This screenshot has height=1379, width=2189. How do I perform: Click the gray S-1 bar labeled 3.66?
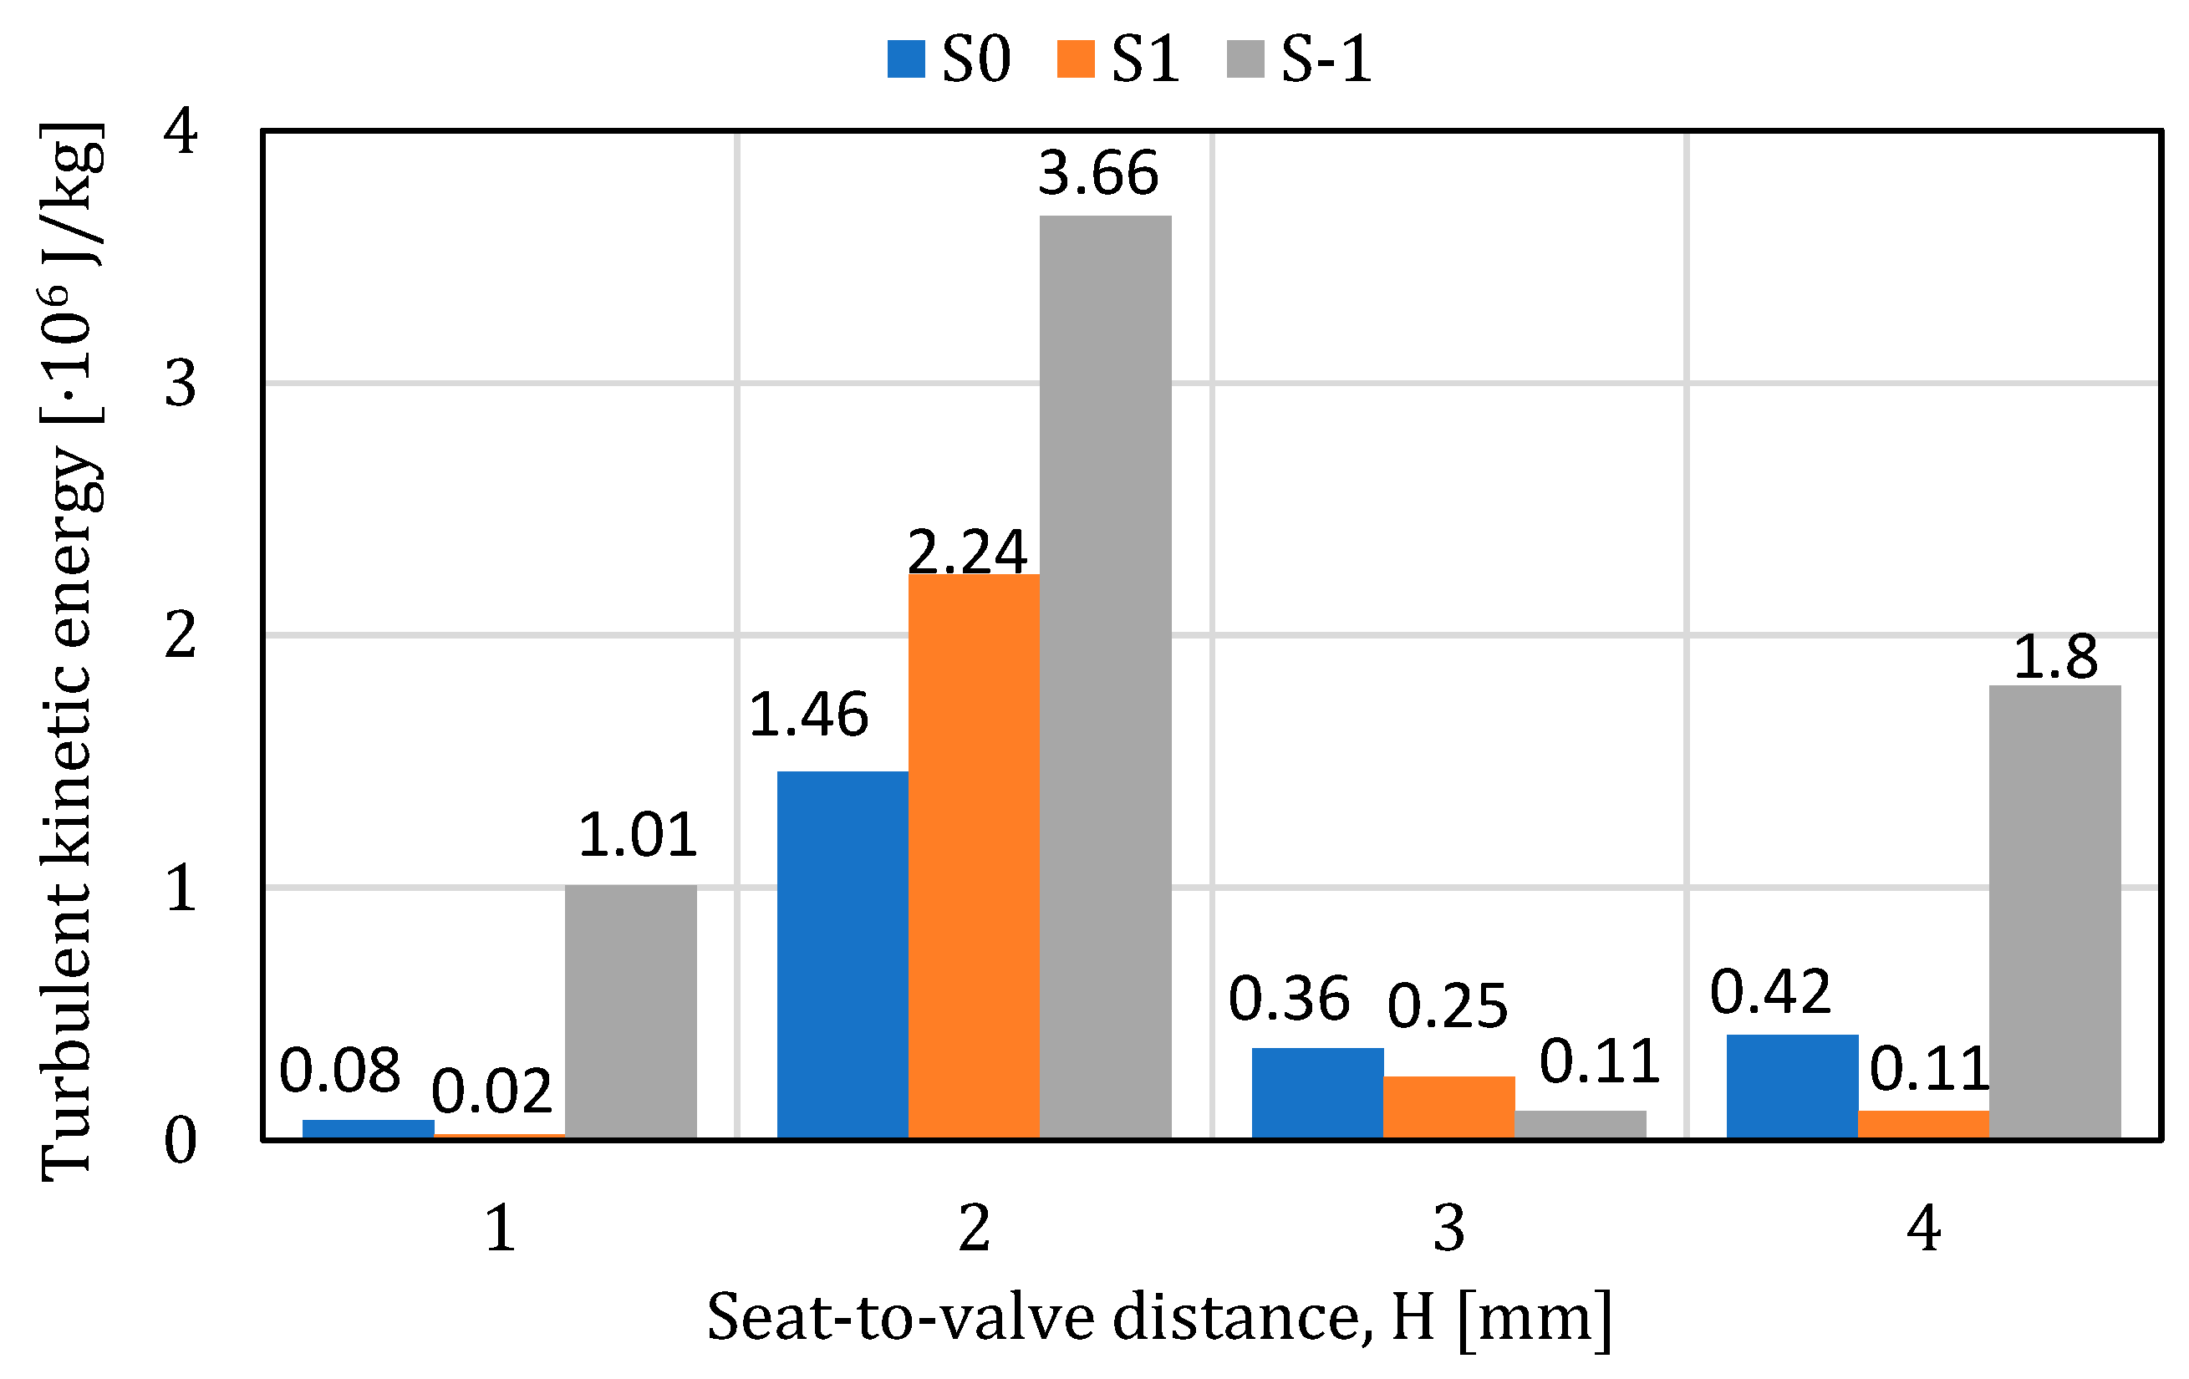click(1106, 676)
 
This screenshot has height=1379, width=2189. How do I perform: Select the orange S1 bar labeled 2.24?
click(974, 856)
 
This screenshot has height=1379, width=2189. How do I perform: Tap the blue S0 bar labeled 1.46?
click(843, 954)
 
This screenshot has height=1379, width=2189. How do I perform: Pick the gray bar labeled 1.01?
click(631, 1010)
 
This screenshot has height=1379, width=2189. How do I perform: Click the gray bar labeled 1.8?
click(2054, 911)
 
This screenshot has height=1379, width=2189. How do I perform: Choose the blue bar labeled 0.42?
click(1793, 1086)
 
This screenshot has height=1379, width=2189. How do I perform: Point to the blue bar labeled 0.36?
click(1317, 1092)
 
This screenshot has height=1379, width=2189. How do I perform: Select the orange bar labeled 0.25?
click(1449, 1107)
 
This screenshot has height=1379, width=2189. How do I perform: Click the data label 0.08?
click(340, 1071)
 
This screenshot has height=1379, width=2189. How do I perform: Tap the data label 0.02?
click(491, 1091)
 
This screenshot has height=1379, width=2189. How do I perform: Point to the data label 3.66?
click(1098, 173)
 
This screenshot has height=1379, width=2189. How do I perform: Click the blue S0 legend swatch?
click(906, 59)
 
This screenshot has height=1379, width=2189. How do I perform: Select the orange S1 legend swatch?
click(1076, 59)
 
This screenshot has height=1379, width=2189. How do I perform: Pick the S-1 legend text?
click(1326, 60)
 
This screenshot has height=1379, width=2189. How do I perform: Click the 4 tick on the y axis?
click(180, 132)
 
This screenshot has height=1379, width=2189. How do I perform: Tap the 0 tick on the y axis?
click(180, 1141)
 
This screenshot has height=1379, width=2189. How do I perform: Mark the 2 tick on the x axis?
click(975, 1229)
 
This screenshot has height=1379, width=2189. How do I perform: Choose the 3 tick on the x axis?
click(1449, 1229)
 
